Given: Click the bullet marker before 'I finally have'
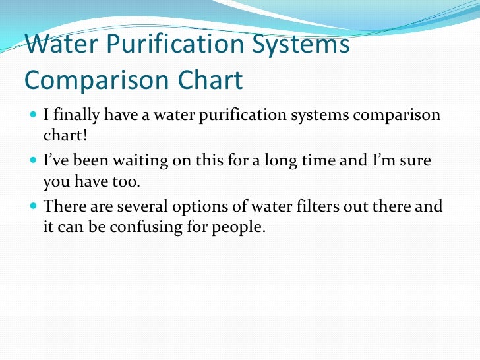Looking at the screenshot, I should [x=34, y=115].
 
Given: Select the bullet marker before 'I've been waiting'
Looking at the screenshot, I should [x=34, y=162].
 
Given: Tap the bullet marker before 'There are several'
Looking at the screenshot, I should [x=34, y=207].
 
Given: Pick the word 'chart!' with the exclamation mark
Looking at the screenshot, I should [x=61, y=136].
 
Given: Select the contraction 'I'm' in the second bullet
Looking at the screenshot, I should [x=388, y=161].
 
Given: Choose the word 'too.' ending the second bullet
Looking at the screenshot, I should [x=129, y=182].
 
